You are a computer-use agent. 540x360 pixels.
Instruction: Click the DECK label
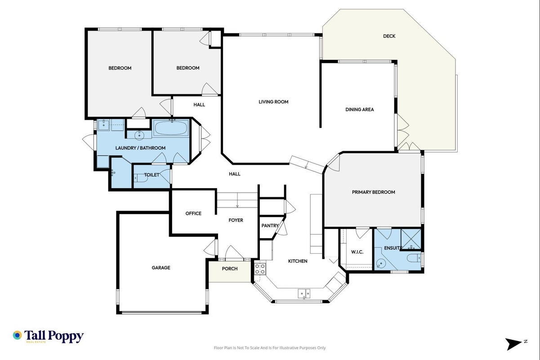[389, 36]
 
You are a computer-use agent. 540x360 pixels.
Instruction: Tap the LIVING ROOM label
[273, 102]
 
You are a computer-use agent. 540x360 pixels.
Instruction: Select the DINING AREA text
[359, 109]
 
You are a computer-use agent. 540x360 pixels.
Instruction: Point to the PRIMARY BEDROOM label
[374, 192]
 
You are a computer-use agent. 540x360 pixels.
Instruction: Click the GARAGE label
[161, 268]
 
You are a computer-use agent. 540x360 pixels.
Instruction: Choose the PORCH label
[230, 269]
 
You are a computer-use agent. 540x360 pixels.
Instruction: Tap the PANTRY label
[270, 225]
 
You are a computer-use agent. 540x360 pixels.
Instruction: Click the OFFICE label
[193, 214]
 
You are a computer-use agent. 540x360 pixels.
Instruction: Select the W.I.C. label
[357, 252]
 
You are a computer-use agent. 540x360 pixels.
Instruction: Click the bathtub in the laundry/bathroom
[171, 128]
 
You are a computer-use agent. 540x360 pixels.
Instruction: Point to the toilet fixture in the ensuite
[414, 258]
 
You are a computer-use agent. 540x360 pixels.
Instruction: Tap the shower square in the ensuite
[411, 239]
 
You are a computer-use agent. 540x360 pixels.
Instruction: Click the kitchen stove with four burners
[260, 269]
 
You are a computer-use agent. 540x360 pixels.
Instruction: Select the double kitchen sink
[304, 294]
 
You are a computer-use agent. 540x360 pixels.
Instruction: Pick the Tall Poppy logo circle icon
[17, 335]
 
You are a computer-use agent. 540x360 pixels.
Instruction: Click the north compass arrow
[513, 344]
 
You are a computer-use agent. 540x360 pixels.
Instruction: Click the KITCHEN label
[298, 261]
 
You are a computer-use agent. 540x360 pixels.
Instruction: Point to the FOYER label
[236, 220]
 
